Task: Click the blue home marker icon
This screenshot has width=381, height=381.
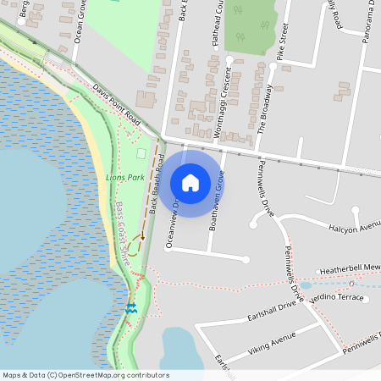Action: coord(190,183)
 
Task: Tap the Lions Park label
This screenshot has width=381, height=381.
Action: coord(124,178)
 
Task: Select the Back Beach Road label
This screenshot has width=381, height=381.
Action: coord(156,184)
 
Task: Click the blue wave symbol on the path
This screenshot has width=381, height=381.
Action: coord(131,307)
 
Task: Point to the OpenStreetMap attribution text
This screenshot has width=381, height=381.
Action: coord(86,375)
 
